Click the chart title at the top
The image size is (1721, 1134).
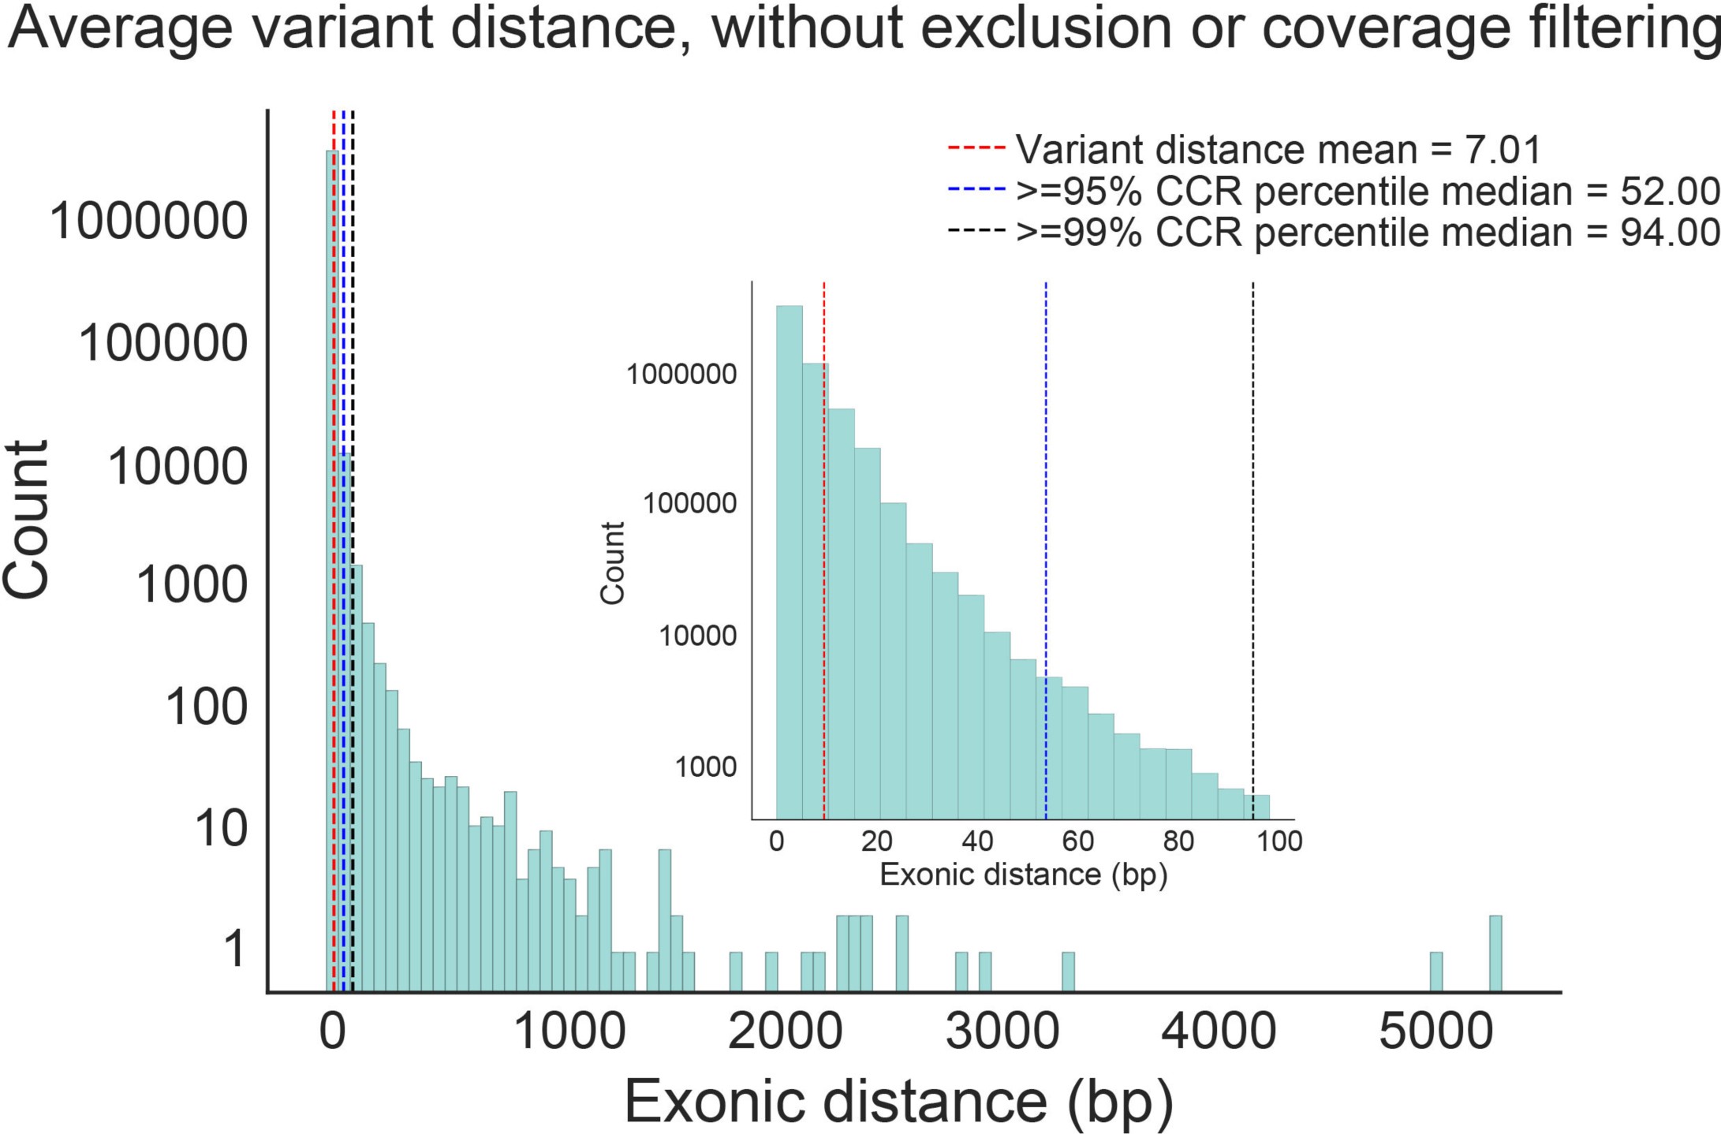864,28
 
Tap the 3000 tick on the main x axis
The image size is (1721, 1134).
1002,1032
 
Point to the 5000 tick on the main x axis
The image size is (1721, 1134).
1435,1032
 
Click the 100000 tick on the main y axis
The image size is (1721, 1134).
163,344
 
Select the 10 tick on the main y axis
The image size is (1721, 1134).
221,829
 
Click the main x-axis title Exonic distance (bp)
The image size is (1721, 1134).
899,1102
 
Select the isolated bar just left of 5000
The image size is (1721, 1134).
1436,972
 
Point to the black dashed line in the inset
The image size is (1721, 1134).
1252,552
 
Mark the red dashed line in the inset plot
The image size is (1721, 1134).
823,552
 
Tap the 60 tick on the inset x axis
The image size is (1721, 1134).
1077,841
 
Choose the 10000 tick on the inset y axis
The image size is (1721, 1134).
697,635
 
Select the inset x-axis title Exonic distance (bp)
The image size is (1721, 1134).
1023,875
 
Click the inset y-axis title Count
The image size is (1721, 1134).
612,562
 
